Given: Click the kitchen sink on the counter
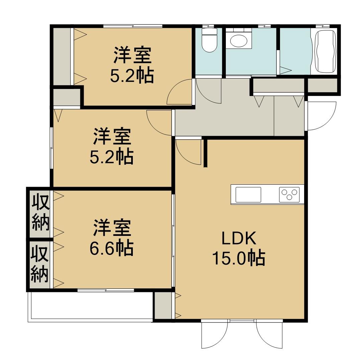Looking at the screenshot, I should click(x=248, y=195).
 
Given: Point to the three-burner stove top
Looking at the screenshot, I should click(x=289, y=195).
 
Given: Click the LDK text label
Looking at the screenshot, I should click(x=239, y=239).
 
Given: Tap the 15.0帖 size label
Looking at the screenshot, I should click(x=239, y=258).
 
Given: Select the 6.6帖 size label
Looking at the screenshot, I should click(x=111, y=248).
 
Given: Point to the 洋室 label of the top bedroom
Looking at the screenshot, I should click(x=132, y=56).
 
